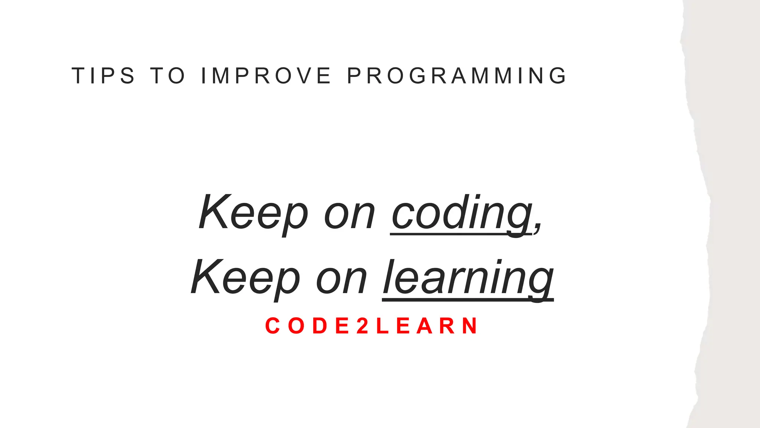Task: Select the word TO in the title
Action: (167, 76)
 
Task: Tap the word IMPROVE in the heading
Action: (266, 76)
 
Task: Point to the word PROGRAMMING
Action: (456, 76)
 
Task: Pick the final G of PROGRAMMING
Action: (558, 76)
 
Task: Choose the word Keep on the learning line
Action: (245, 278)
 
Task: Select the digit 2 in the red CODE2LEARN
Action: (362, 326)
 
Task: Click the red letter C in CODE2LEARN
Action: (272, 326)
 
